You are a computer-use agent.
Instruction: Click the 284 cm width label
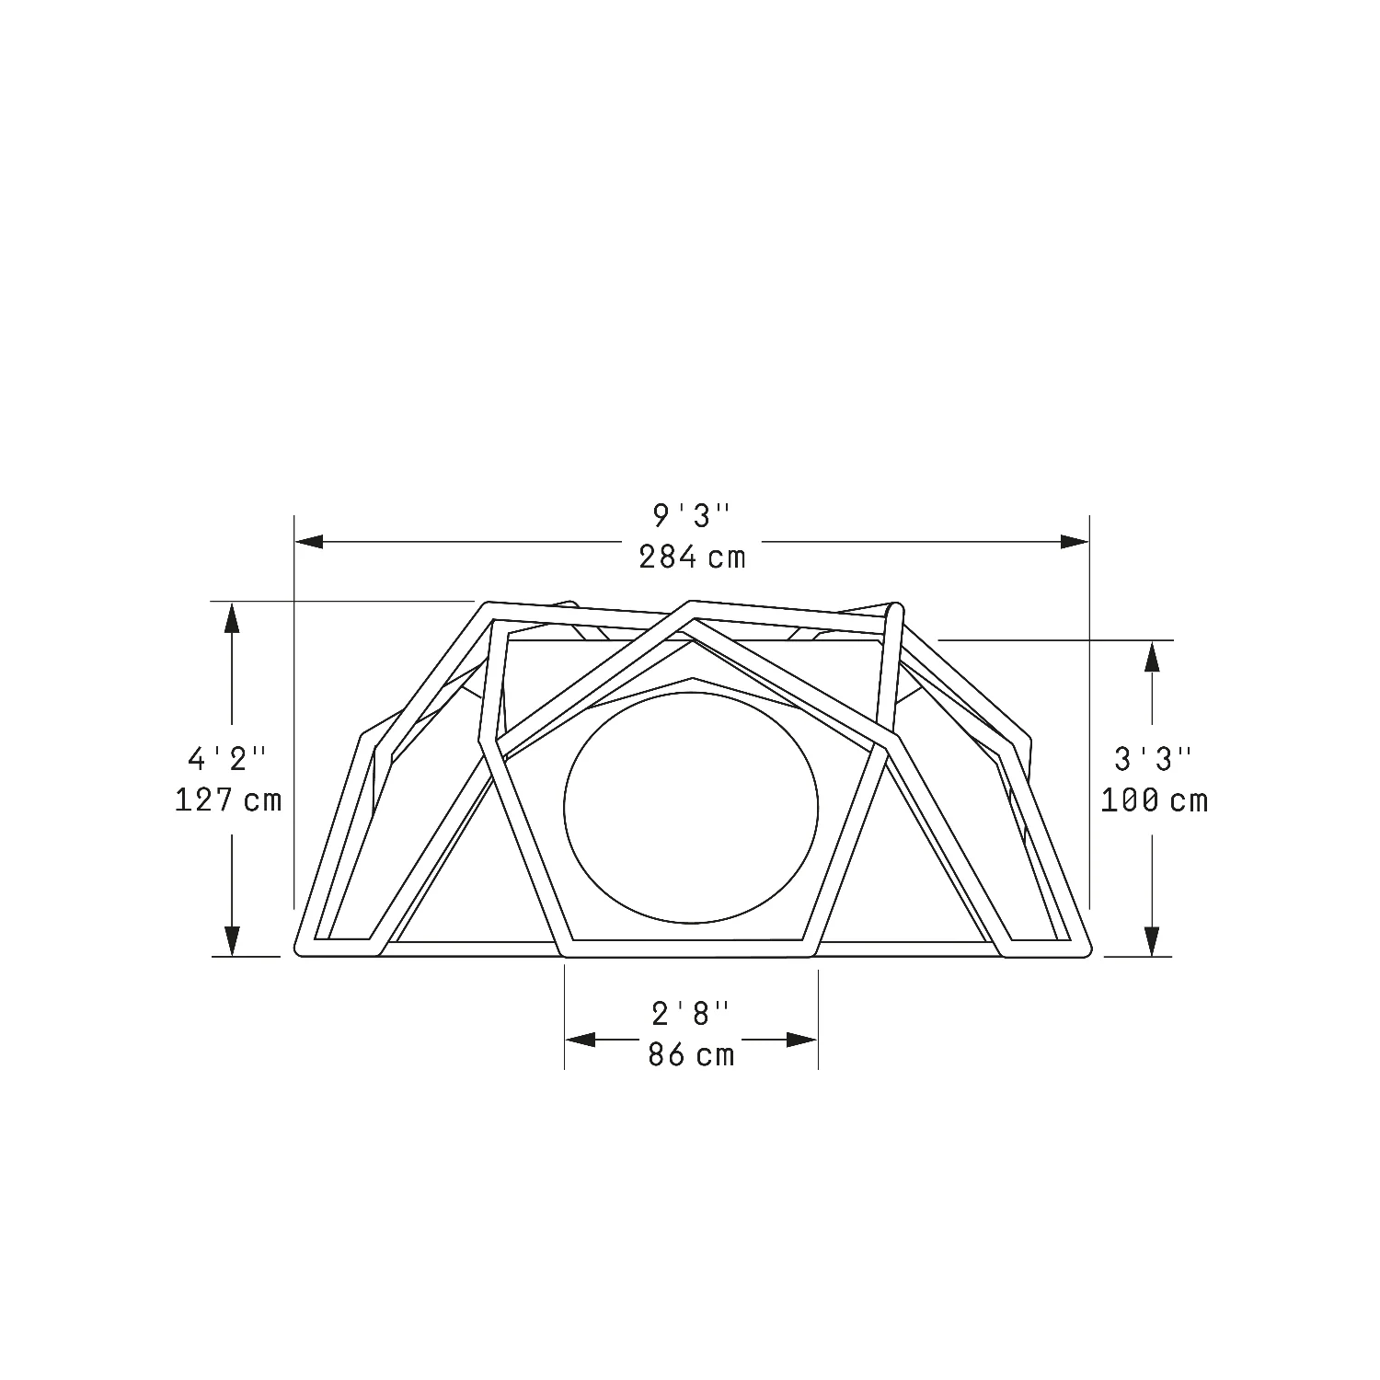click(692, 557)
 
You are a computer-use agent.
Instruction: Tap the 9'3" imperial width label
click(691, 516)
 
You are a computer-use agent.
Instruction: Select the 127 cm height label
click(228, 799)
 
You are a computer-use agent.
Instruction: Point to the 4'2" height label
click(227, 759)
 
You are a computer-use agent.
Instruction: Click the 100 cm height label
click(1154, 800)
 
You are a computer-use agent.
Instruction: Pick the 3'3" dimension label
click(1154, 760)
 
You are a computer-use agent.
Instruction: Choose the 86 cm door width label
click(692, 1054)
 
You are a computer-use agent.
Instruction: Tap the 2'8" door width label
click(691, 1014)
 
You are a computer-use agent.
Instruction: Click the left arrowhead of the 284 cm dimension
click(309, 542)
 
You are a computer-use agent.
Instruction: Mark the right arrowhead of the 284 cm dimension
click(1075, 542)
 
